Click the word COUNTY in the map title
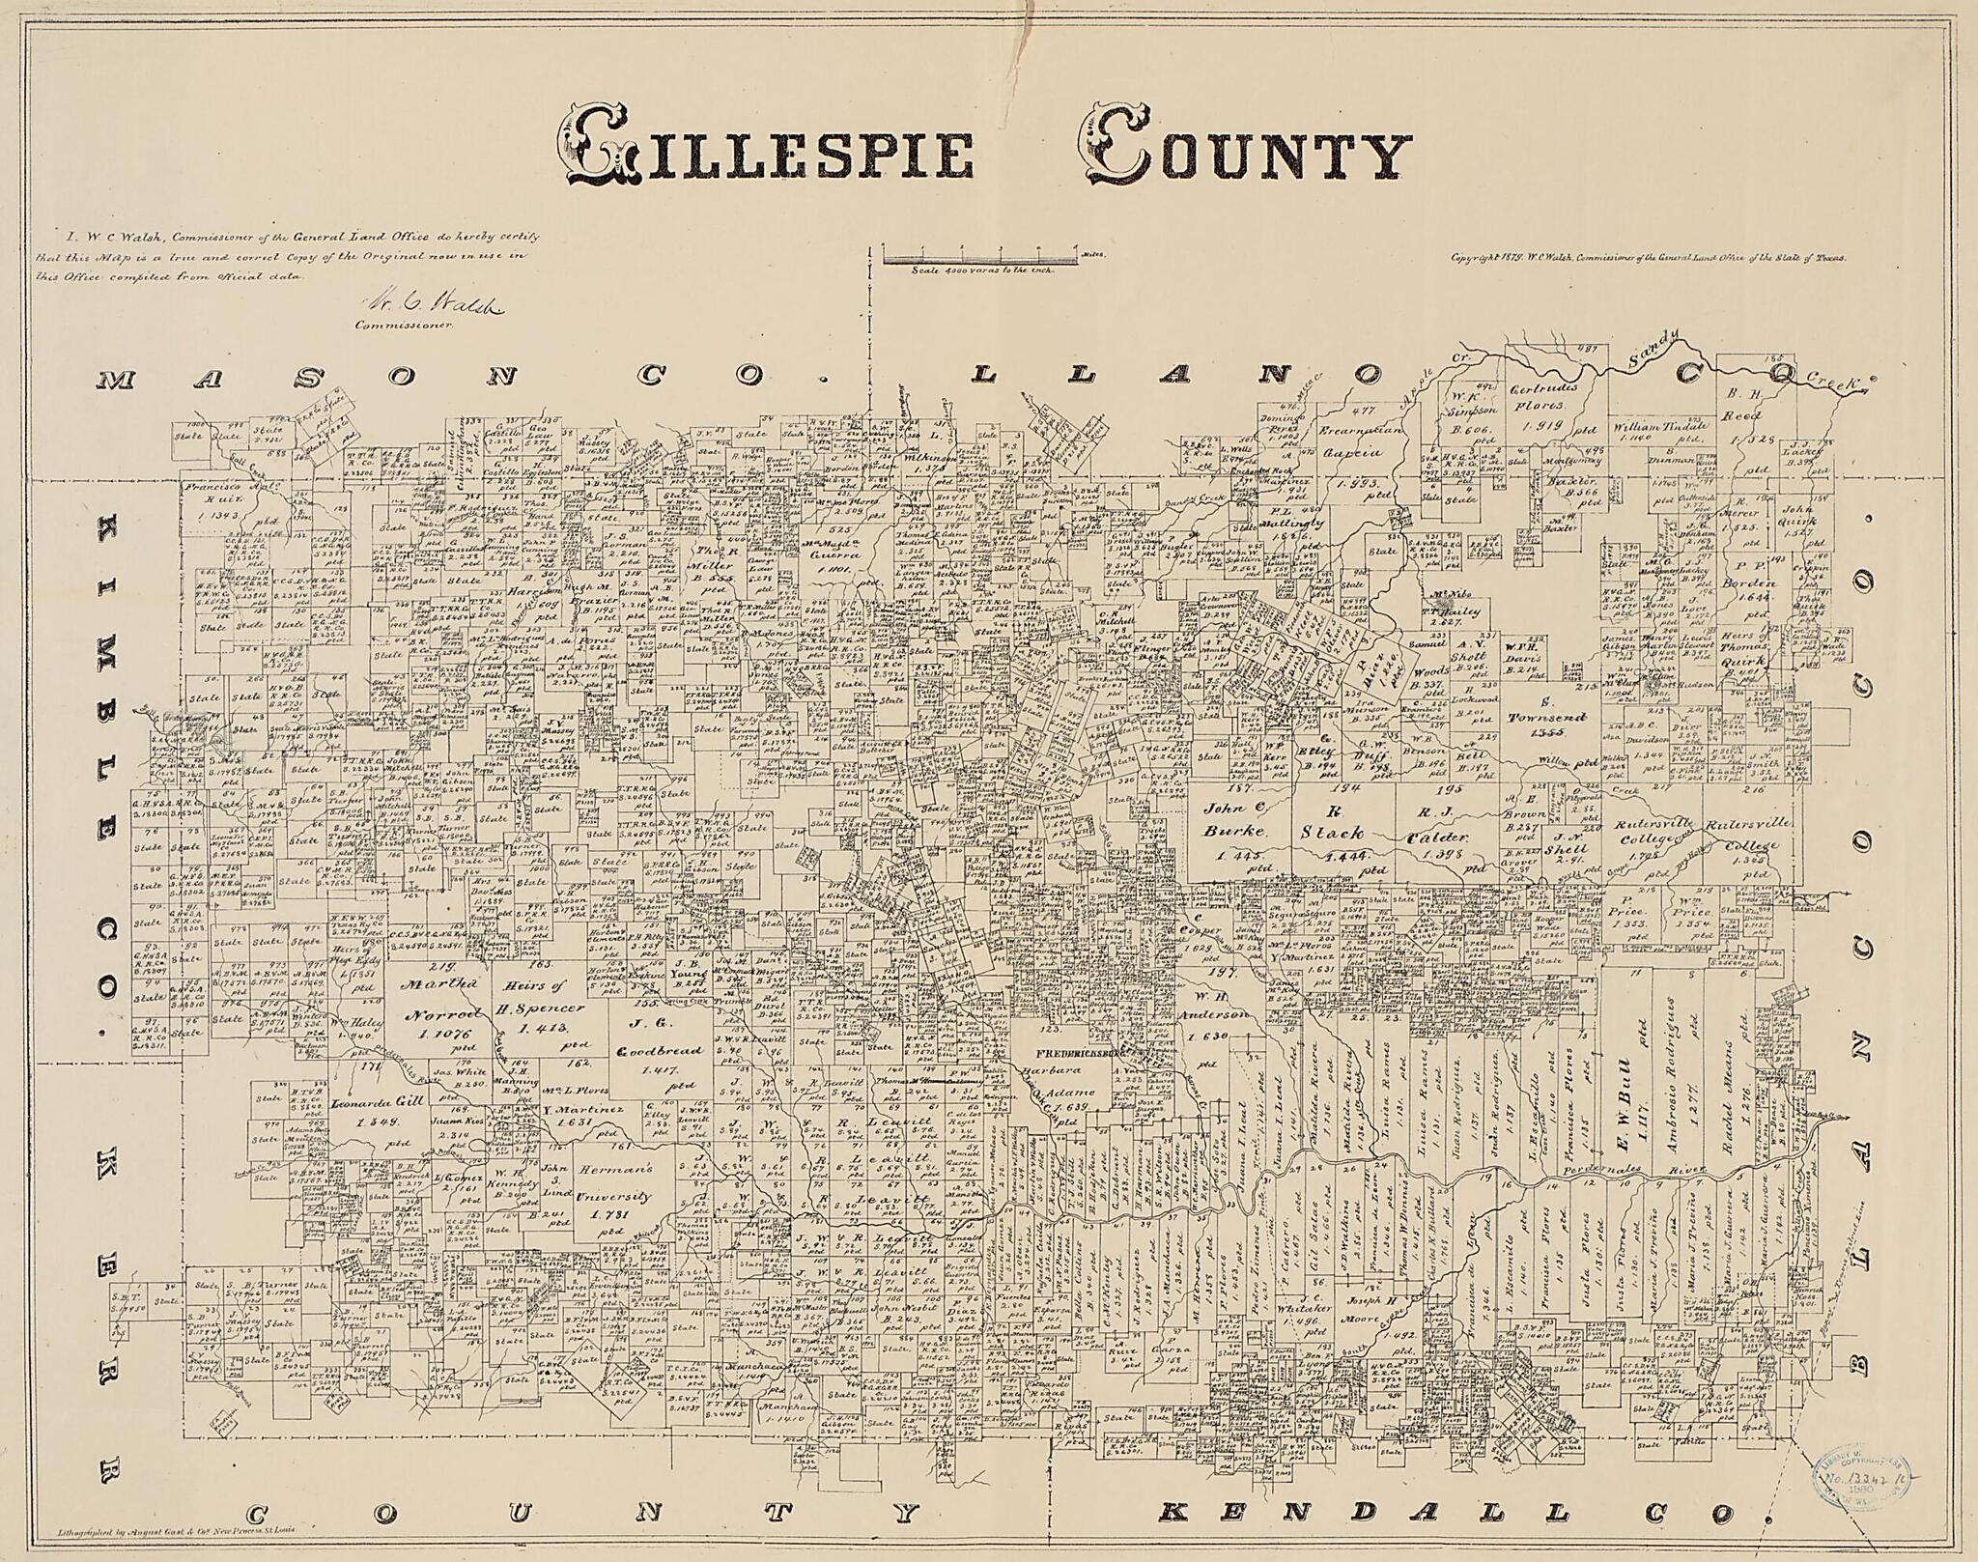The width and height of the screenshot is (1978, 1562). tap(1246, 155)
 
